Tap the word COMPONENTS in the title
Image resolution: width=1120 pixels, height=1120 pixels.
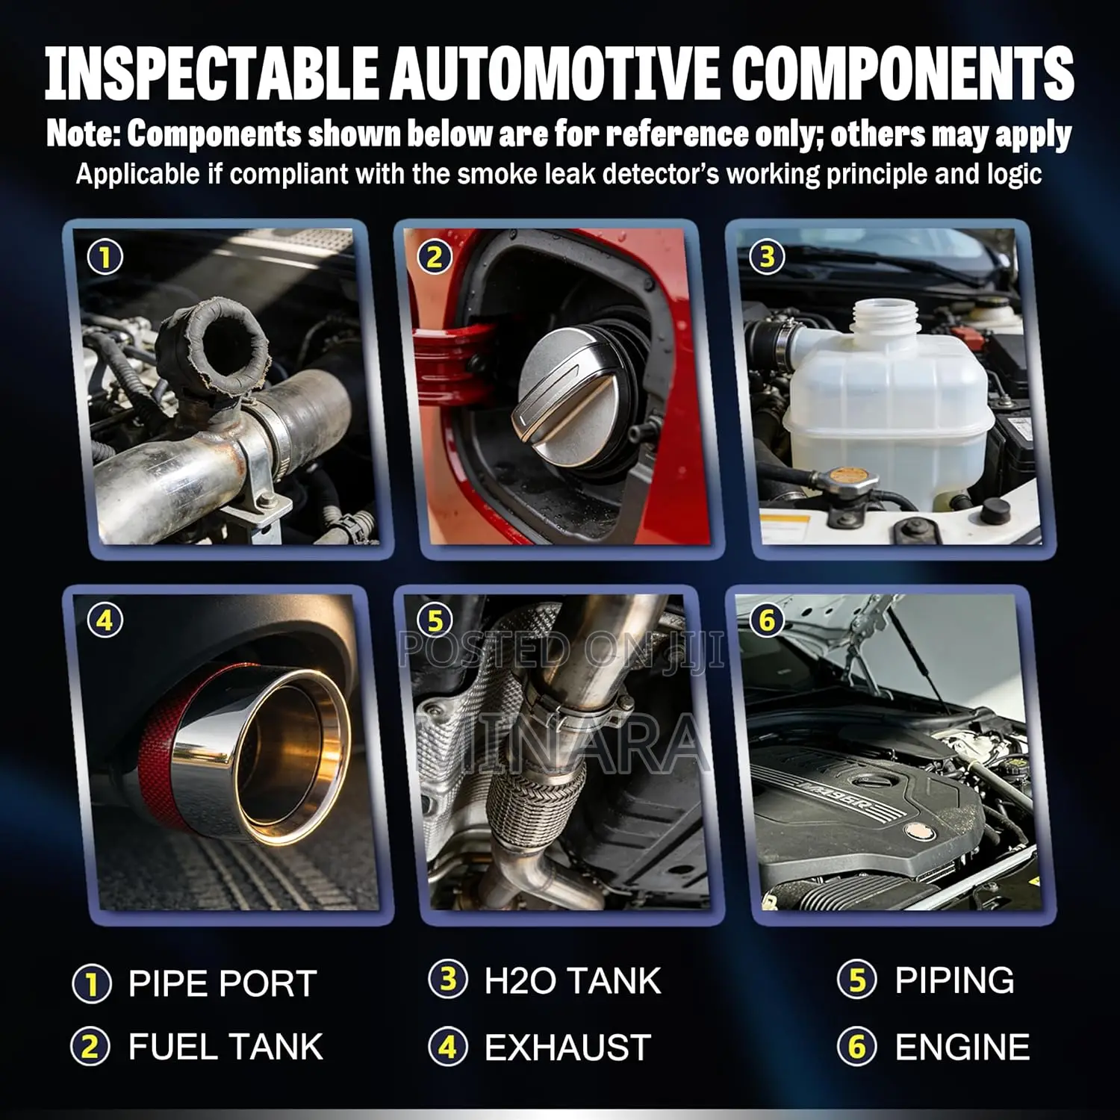click(x=903, y=72)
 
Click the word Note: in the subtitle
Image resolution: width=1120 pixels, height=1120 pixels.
click(x=83, y=134)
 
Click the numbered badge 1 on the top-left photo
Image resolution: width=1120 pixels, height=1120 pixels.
click(x=105, y=257)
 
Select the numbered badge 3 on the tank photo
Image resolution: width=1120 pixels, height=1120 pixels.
click(x=767, y=257)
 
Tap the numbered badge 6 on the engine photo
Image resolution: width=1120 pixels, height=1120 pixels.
click(x=767, y=620)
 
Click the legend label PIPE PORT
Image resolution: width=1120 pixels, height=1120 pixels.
click(x=223, y=983)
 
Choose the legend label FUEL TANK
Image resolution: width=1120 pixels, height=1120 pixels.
click(x=225, y=1047)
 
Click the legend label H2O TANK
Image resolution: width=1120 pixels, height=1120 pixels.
click(x=573, y=980)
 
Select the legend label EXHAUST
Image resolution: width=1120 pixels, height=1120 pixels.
click(x=567, y=1047)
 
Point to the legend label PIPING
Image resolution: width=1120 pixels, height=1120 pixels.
click(x=955, y=980)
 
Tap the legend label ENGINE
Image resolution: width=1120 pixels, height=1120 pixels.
click(x=962, y=1046)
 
